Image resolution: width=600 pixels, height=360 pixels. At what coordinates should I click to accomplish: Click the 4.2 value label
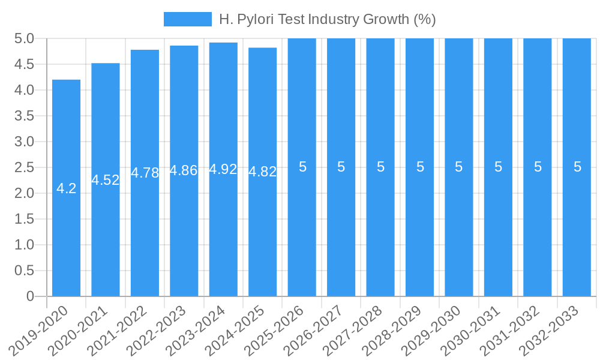(66, 188)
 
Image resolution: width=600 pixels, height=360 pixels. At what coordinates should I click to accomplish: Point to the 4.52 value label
(106, 180)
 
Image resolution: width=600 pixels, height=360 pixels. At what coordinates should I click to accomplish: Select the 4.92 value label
(223, 169)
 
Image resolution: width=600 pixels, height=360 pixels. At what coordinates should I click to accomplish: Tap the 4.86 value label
(184, 170)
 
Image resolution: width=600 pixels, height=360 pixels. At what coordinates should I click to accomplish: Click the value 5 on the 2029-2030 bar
(459, 167)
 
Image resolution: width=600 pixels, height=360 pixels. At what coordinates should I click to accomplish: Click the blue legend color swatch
(187, 19)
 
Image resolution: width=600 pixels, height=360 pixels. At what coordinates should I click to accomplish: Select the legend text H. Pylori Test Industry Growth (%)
(328, 19)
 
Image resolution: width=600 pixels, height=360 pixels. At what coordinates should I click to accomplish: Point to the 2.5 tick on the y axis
(24, 167)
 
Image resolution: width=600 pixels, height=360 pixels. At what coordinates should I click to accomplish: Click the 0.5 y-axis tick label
(24, 271)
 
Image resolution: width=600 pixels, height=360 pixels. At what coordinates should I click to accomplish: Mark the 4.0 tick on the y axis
(24, 90)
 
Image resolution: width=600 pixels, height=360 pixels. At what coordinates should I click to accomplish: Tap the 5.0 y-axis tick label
(24, 39)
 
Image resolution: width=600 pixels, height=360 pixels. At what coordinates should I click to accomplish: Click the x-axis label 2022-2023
(160, 331)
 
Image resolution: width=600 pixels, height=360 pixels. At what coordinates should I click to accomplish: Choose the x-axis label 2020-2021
(82, 331)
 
